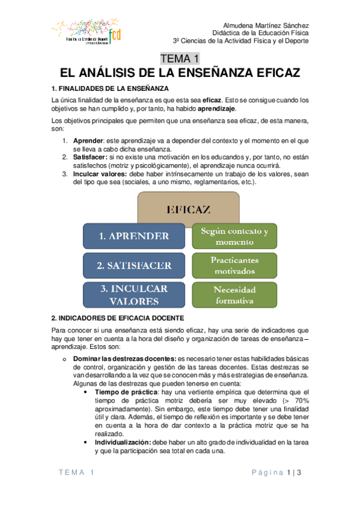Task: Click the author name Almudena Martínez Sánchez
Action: pyautogui.click(x=266, y=26)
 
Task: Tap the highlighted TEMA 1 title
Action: pyautogui.click(x=179, y=59)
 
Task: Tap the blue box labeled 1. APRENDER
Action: pyautogui.click(x=134, y=236)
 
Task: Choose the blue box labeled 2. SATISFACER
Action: pyautogui.click(x=134, y=265)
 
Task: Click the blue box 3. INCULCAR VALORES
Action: pyautogui.click(x=134, y=295)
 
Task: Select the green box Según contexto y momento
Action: pyautogui.click(x=235, y=236)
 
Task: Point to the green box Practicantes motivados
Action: pyautogui.click(x=235, y=265)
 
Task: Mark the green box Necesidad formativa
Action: pyautogui.click(x=235, y=295)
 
